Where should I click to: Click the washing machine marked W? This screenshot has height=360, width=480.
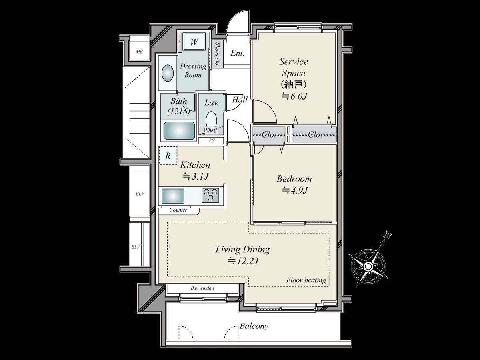[x=194, y=42]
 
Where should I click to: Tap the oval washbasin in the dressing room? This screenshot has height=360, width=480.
[x=168, y=73]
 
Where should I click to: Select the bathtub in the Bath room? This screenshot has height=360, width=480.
[x=179, y=131]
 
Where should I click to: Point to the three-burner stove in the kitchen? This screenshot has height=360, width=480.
[x=210, y=195]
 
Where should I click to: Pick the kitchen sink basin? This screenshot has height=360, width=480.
[x=173, y=196]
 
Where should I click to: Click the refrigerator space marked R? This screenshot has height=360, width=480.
[x=168, y=156]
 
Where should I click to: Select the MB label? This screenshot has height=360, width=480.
[x=139, y=52]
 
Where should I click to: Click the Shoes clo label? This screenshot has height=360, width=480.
[x=217, y=54]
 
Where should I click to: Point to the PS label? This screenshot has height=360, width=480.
[x=212, y=140]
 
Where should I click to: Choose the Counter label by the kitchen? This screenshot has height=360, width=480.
[x=178, y=210]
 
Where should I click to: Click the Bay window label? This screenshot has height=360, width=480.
[x=202, y=288]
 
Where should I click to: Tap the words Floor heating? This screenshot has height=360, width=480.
[x=306, y=280]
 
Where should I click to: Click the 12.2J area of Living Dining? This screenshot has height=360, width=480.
[x=243, y=261]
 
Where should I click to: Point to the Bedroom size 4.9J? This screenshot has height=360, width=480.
[x=294, y=190]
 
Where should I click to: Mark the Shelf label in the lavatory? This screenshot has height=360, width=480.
[x=211, y=130]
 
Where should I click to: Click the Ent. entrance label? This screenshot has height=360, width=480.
[x=238, y=53]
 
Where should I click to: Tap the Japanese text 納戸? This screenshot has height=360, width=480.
[x=294, y=84]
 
